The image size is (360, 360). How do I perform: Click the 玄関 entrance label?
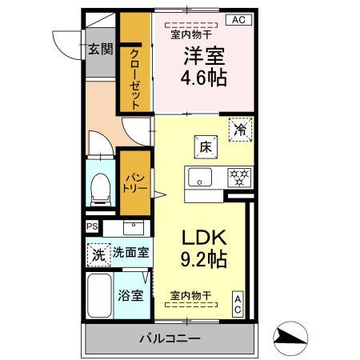pos(100,49)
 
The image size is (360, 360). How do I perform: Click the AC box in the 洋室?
pos(238,20)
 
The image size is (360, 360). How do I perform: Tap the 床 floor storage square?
pos(204,146)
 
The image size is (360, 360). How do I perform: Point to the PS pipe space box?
pos(92,226)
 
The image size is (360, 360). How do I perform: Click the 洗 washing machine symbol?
pos(97,255)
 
